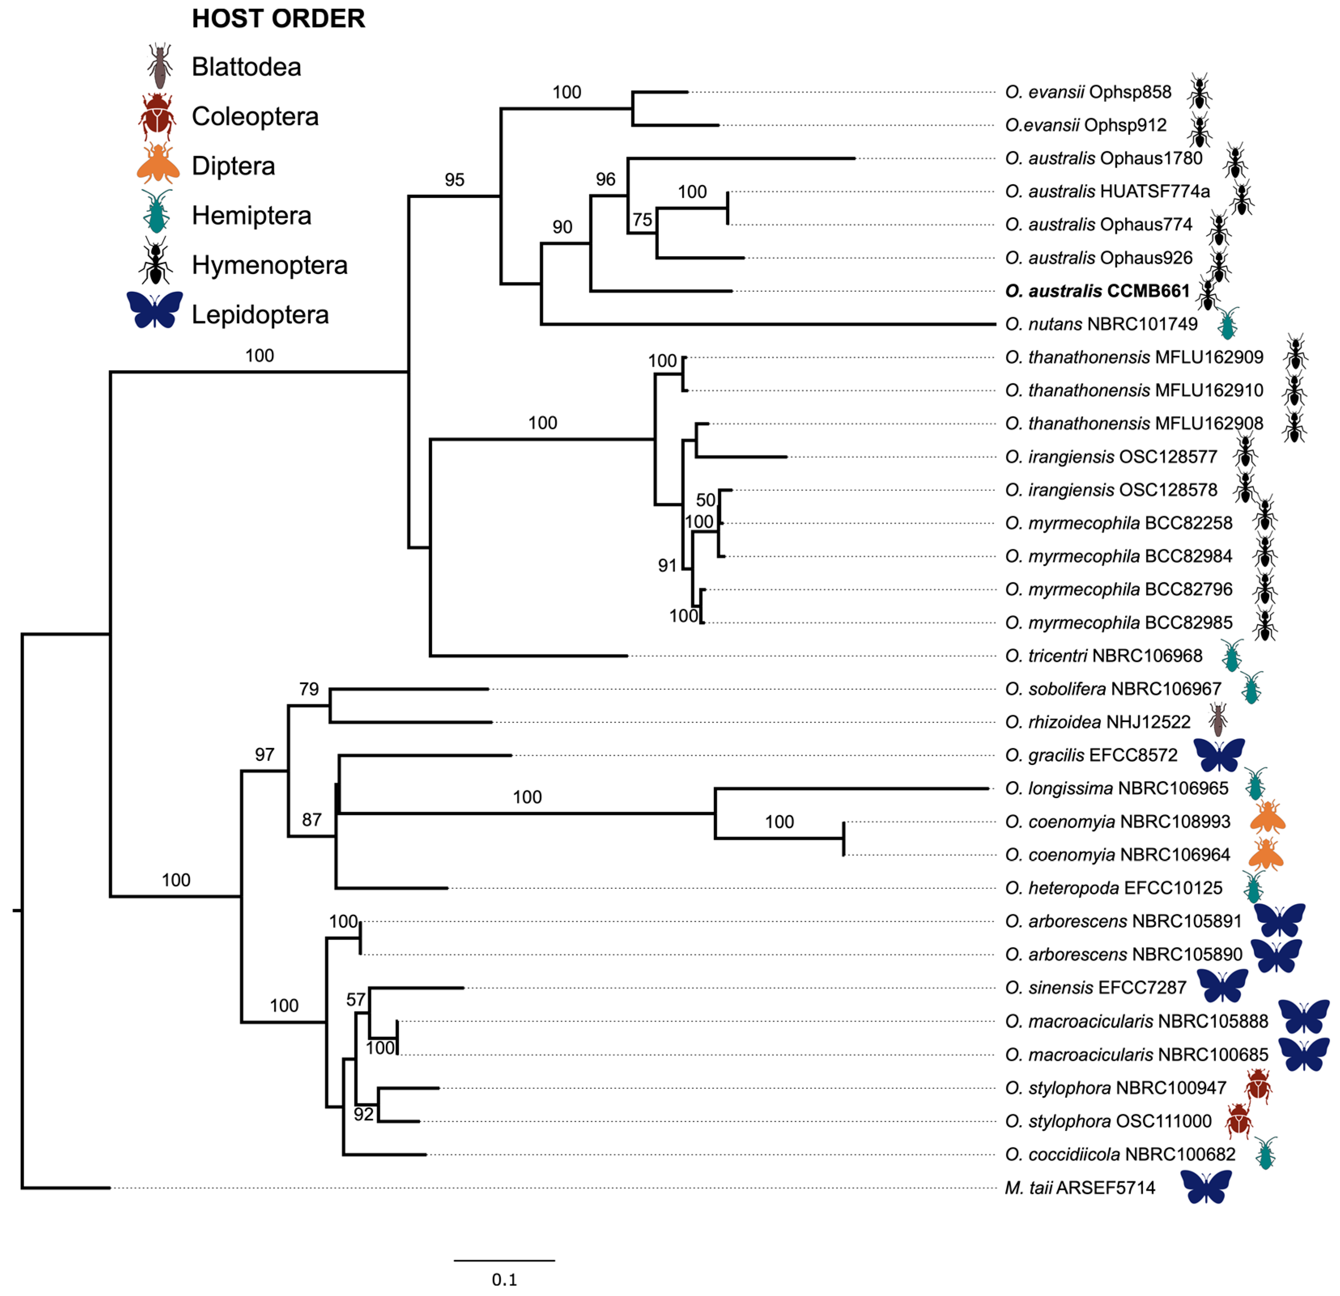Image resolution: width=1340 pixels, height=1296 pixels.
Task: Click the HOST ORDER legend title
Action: point(278,19)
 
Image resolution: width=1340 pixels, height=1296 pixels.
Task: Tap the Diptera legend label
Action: point(233,166)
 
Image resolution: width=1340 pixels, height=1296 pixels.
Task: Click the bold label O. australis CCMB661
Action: point(1097,291)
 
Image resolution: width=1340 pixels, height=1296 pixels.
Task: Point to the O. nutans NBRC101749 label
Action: point(1101,324)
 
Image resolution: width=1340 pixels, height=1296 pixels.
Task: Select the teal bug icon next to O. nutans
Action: point(1228,323)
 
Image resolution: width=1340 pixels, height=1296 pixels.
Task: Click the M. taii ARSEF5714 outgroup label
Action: point(1080,1188)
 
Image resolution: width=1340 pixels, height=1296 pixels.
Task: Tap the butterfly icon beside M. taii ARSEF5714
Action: point(1206,1187)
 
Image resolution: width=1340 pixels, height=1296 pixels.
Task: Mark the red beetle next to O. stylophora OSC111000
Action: point(1239,1121)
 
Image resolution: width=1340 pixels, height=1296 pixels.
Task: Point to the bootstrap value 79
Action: point(309,689)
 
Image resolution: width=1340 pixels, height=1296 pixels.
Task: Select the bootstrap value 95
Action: point(455,180)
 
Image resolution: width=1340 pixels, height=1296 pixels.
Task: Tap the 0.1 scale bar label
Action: point(504,1279)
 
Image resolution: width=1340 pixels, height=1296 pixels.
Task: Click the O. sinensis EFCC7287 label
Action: point(1095,988)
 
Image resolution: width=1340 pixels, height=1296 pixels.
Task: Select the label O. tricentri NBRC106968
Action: point(1104,656)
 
